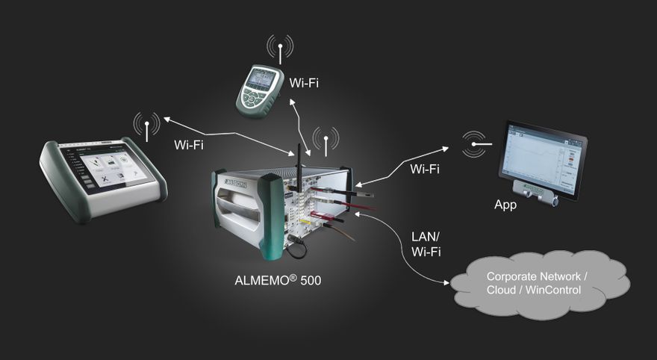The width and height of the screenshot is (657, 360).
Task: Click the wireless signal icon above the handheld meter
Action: [x=280, y=48]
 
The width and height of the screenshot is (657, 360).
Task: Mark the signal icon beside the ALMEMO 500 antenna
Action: [x=326, y=140]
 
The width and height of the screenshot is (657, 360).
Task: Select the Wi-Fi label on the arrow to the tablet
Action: [x=424, y=169]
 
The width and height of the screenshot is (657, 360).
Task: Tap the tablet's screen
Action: [x=544, y=161]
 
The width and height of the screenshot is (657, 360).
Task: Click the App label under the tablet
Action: [x=505, y=205]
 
